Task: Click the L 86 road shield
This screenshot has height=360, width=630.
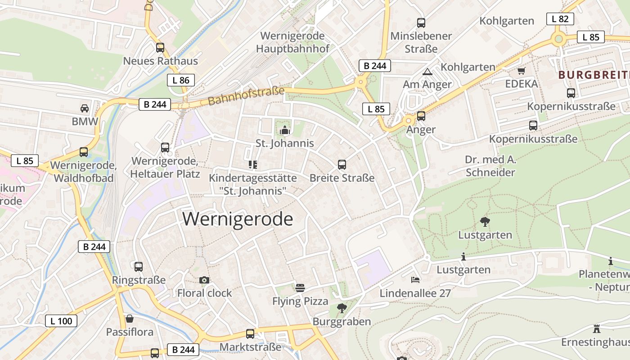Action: click(181, 81)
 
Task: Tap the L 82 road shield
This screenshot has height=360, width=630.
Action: click(560, 19)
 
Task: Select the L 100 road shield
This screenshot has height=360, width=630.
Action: click(61, 321)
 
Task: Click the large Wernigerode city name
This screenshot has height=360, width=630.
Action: click(238, 219)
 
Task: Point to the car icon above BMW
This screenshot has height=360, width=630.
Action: click(84, 108)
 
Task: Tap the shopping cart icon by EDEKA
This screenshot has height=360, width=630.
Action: click(522, 71)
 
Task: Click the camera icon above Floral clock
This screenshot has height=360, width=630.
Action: click(204, 280)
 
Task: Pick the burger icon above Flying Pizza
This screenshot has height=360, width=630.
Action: click(300, 288)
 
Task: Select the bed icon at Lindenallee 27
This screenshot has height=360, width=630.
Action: click(415, 280)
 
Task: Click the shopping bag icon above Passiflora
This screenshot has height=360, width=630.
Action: click(130, 319)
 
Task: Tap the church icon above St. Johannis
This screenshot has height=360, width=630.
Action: click(284, 130)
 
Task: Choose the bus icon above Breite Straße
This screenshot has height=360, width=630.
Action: click(342, 165)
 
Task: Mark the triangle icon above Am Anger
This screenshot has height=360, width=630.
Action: click(427, 72)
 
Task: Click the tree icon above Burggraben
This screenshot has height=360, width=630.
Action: click(342, 308)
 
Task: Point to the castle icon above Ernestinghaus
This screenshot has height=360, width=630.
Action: click(597, 328)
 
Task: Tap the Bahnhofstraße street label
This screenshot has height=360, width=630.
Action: click(246, 96)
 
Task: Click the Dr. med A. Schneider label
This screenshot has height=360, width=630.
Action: click(490, 166)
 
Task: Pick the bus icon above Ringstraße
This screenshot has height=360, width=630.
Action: click(139, 267)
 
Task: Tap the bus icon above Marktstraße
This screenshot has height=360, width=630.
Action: click(250, 334)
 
